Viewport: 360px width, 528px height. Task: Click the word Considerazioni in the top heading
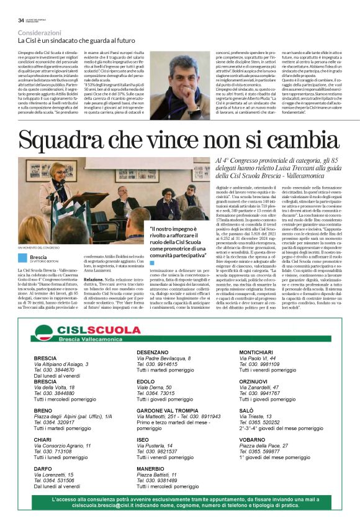click(40, 32)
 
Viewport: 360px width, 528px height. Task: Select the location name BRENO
click(43, 411)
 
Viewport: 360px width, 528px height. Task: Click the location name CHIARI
click(43, 439)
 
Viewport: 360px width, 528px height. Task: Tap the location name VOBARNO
click(252, 439)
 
